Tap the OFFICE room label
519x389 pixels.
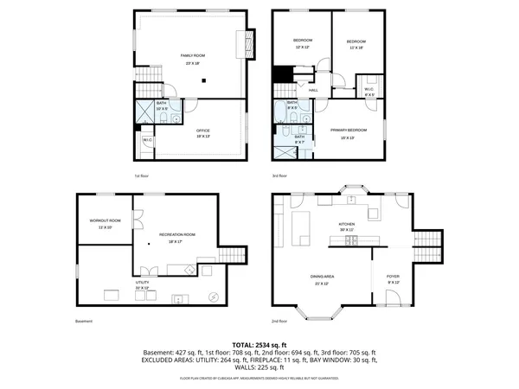(x=202, y=131)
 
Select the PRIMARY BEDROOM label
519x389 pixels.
(x=348, y=130)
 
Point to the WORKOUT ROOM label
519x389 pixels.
(x=106, y=220)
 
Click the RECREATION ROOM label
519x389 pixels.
(x=176, y=234)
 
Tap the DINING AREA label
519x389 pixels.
(x=323, y=277)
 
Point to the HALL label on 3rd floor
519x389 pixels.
(x=313, y=89)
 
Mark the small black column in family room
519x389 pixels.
(x=203, y=80)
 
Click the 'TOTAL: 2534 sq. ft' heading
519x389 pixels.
(x=259, y=344)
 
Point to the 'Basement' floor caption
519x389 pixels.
(x=83, y=322)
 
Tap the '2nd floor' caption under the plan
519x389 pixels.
(x=279, y=322)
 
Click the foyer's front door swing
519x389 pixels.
(x=392, y=298)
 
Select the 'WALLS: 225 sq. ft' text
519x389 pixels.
(x=259, y=367)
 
